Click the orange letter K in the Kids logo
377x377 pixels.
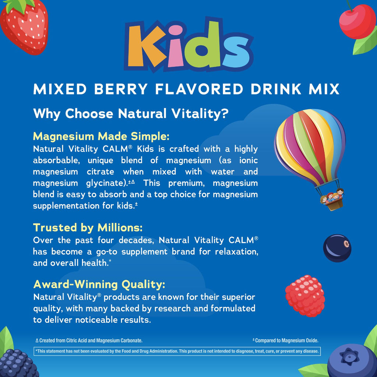click(144, 47)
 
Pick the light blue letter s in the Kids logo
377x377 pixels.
click(237, 52)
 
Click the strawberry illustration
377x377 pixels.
click(24, 26)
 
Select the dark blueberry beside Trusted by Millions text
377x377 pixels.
click(337, 248)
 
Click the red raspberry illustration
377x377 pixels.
click(305, 296)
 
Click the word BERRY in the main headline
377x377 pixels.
click(121, 89)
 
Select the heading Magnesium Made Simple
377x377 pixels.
click(101, 136)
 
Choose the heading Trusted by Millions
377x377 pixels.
click(88, 228)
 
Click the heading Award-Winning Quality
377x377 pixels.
click(99, 285)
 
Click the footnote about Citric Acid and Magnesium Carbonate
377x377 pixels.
click(89, 341)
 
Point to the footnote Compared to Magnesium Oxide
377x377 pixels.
click(285, 341)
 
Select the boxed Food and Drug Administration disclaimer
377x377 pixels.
click(177, 351)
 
